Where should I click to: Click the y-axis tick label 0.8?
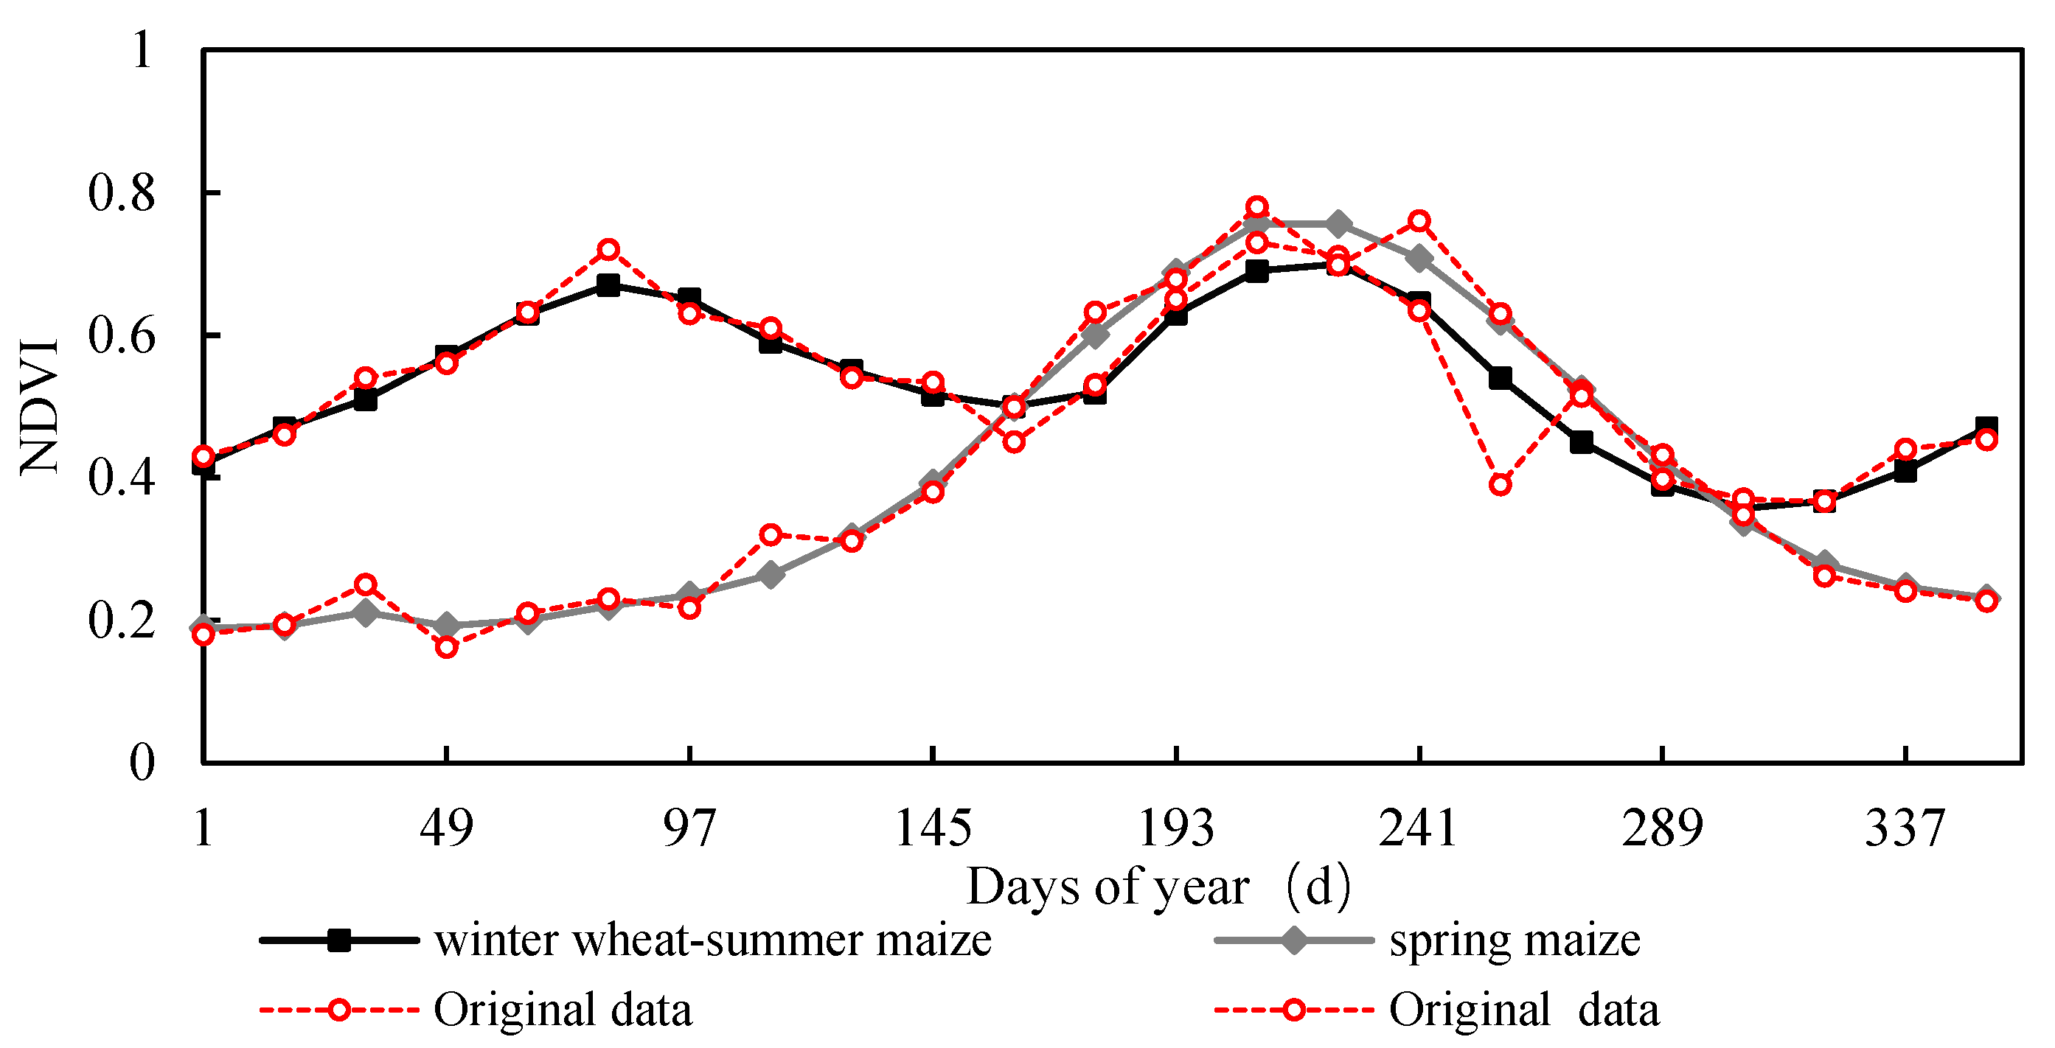[120, 194]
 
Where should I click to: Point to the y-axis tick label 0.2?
[120, 621]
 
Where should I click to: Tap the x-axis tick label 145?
[933, 828]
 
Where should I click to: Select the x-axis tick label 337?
[1905, 828]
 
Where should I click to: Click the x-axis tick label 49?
[446, 828]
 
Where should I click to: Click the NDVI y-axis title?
[40, 407]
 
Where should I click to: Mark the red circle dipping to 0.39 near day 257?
[1500, 485]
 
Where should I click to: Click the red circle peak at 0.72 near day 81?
[608, 250]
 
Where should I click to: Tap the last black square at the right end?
[1986, 427]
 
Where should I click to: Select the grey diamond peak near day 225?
[1338, 224]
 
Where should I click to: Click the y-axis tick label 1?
[142, 51]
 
